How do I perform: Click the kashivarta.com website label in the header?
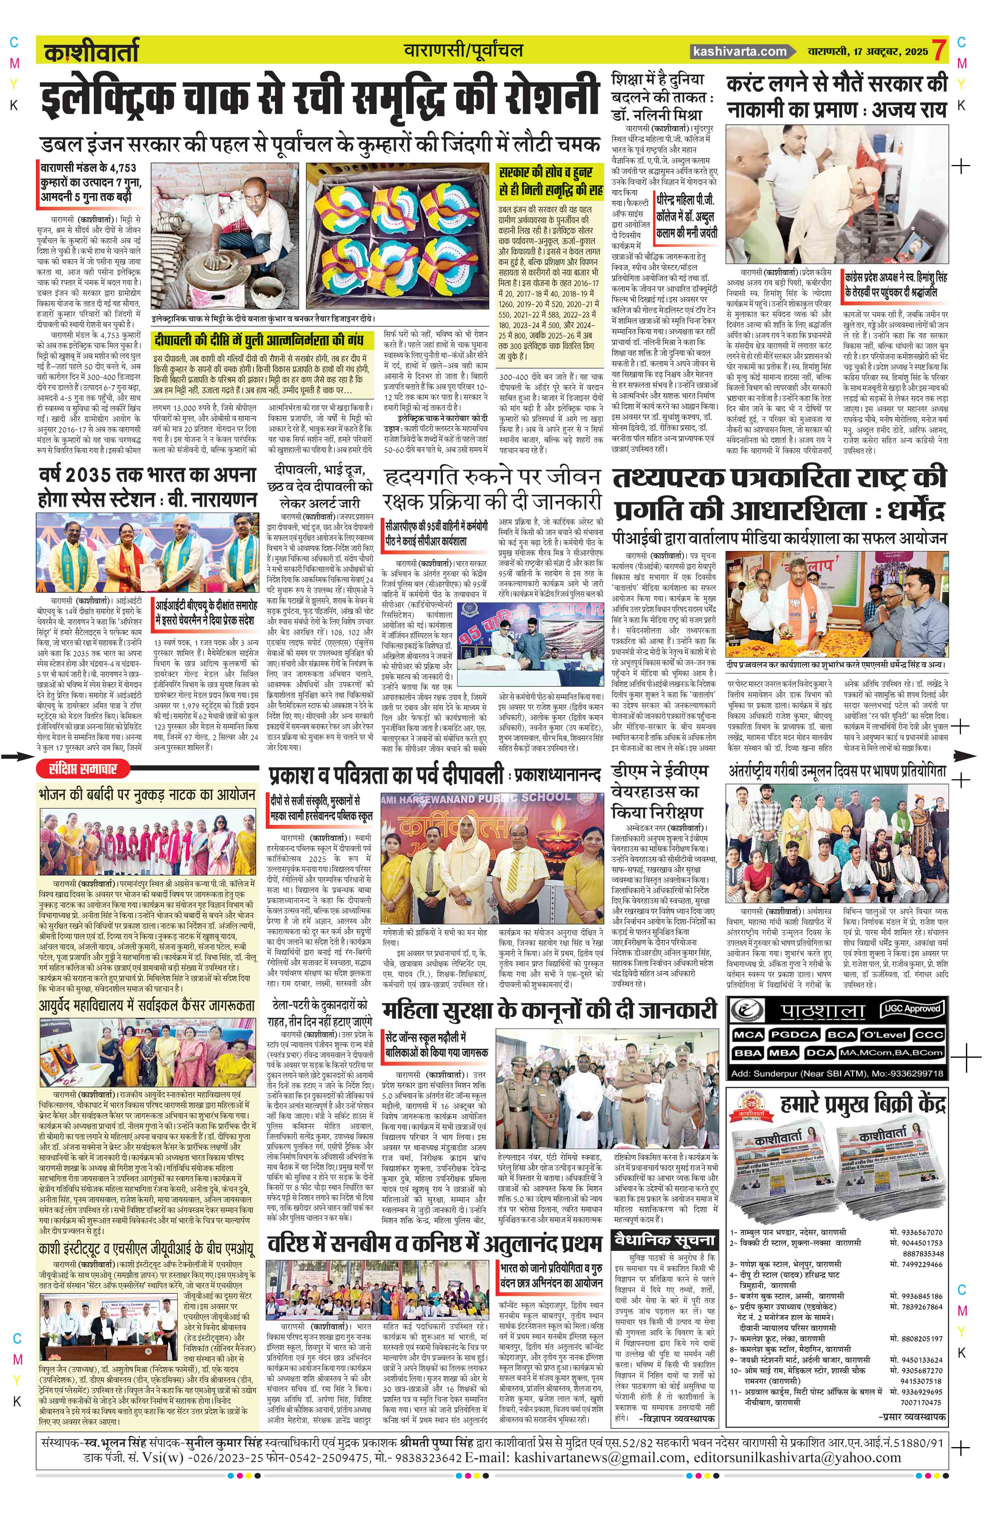pos(740,51)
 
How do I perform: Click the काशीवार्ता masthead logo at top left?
pos(91,52)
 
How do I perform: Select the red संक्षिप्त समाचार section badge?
pos(83,769)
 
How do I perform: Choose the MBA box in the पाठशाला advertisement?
pos(783,1053)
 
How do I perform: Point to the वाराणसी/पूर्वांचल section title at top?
pos(463,51)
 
